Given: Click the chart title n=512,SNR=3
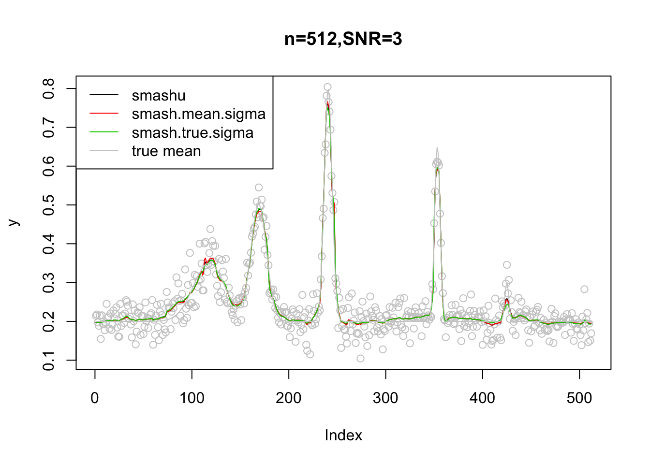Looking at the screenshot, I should (343, 39).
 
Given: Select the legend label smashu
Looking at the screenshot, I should (159, 96).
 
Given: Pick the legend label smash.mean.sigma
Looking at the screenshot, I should (198, 114).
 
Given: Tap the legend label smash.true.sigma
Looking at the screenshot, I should (192, 133).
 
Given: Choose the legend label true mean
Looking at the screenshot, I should (166, 151).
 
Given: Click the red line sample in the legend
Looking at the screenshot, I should (104, 114).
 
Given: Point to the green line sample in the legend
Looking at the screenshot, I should (104, 132).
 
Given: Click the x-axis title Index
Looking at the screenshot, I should (343, 435).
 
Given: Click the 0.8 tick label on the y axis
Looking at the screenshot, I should (49, 89).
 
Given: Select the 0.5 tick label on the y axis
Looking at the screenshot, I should (49, 205).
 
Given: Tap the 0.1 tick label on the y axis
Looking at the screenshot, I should (49, 360).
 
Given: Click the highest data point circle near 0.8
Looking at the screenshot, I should (327, 87).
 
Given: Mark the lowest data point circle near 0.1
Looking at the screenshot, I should (360, 358).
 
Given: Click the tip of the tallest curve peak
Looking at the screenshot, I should (327, 102).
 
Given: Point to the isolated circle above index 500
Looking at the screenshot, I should (584, 289).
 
